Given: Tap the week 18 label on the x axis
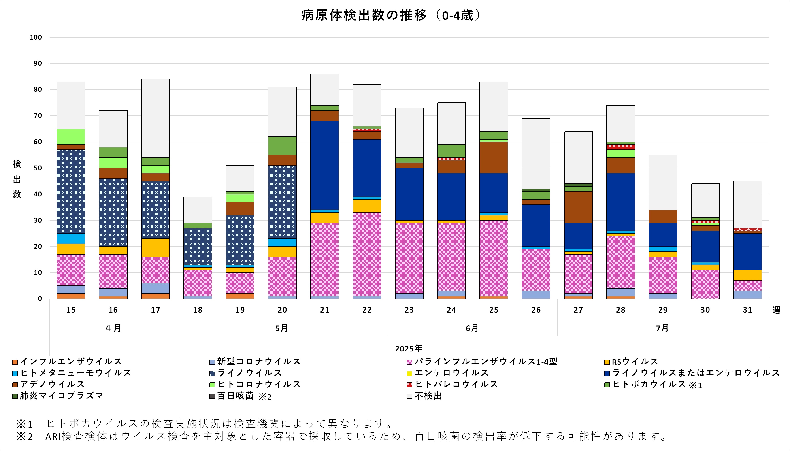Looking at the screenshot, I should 198,310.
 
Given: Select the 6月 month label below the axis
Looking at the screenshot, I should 472,328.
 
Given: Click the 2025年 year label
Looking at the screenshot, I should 409,349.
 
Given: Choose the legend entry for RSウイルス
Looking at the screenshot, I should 634,362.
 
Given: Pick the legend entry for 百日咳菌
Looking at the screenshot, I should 235,396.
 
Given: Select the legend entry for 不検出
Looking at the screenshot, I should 428,396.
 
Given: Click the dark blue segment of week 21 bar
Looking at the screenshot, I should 325,165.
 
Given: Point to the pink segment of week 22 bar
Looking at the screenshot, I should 367,254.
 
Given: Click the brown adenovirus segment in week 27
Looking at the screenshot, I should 578,207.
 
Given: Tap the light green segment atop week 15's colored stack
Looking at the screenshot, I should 71,136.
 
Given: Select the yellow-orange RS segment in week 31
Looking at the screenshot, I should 747,275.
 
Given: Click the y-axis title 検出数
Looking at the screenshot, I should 17,179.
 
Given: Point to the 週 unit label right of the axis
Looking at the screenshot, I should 776,310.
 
